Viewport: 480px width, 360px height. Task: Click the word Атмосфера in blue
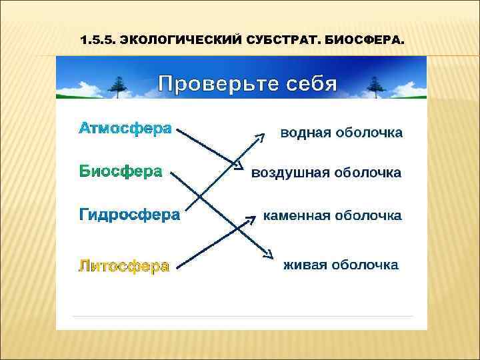click(125, 127)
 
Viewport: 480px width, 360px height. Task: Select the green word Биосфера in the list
click(121, 171)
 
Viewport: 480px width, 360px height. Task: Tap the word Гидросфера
click(129, 215)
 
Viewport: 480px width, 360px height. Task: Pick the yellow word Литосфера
click(124, 266)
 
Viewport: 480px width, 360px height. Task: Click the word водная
click(305, 133)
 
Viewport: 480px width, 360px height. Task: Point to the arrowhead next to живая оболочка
click(268, 254)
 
